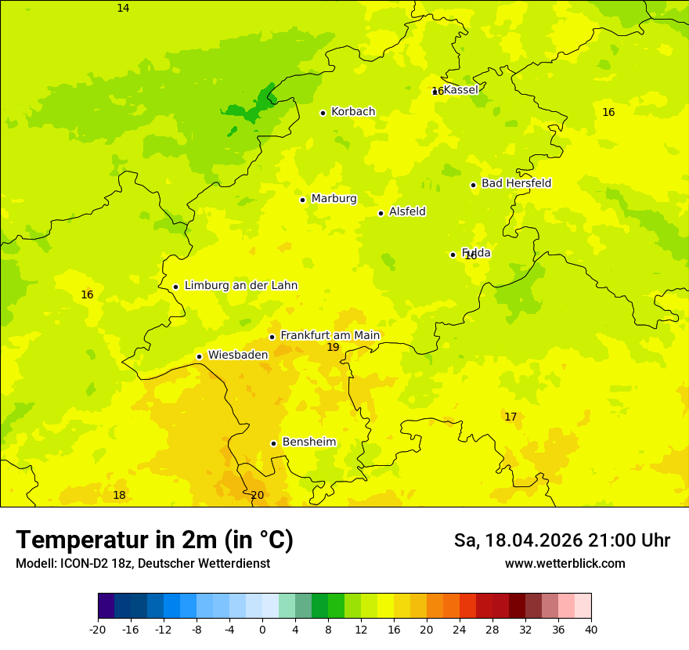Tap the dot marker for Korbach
[323, 113]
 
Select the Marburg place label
[334, 199]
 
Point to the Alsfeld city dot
[381, 213]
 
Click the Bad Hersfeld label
[516, 183]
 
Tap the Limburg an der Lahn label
[240, 286]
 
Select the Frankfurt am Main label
[330, 335]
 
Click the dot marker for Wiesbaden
[199, 356]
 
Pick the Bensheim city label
[308, 442]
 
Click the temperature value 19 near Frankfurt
[333, 347]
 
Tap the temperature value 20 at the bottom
[257, 496]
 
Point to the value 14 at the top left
[123, 9]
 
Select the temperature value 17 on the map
[510, 417]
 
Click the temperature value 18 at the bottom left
[119, 495]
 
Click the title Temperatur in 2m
[154, 540]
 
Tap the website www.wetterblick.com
[565, 564]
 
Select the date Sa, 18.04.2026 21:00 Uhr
[561, 540]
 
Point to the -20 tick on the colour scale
[98, 630]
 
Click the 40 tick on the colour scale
[591, 630]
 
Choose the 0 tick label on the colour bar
[262, 630]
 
